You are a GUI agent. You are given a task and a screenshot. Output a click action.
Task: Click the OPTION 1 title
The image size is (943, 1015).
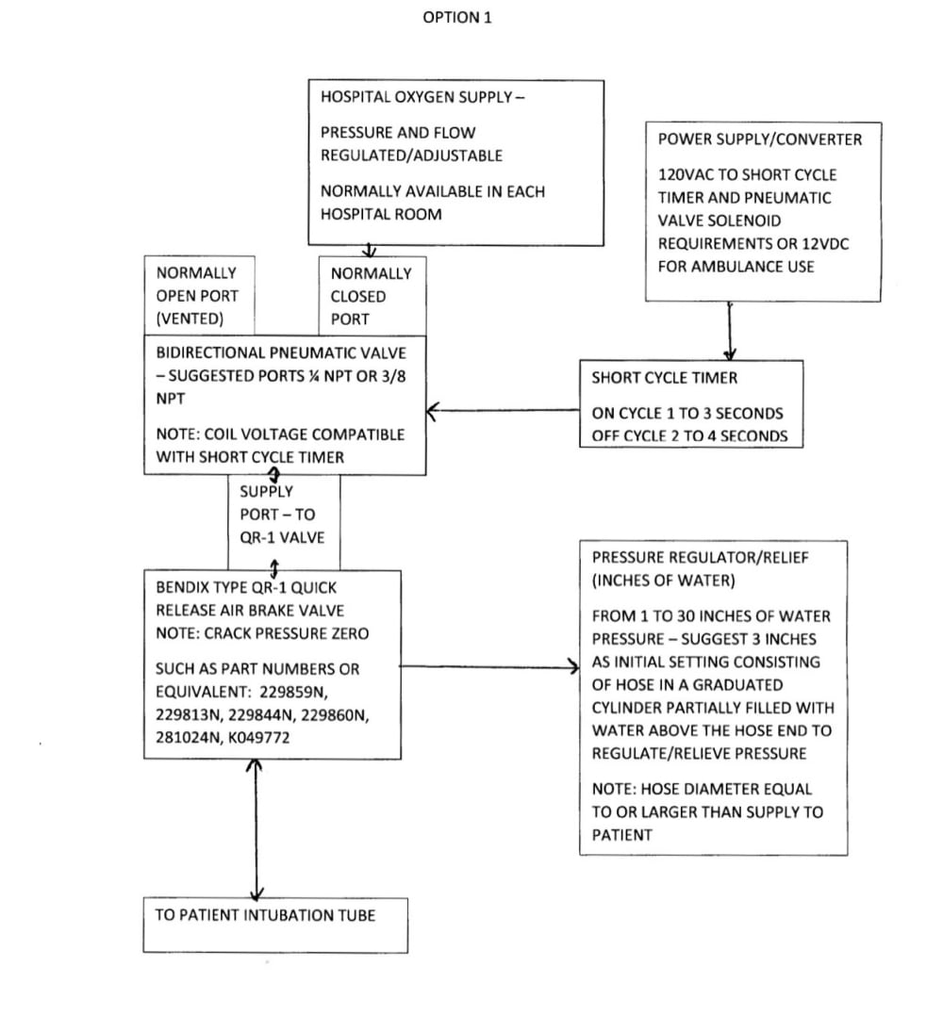(x=457, y=18)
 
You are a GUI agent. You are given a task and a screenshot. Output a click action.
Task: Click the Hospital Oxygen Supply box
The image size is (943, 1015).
(x=456, y=162)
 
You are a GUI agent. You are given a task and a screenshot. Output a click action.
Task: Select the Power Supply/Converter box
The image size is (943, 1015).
(x=763, y=212)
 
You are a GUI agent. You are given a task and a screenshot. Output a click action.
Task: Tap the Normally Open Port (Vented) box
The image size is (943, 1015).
(x=200, y=296)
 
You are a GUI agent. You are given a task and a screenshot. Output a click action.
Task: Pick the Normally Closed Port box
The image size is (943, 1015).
(x=372, y=297)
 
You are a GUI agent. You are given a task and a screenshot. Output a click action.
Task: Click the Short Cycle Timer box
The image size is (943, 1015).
(x=691, y=404)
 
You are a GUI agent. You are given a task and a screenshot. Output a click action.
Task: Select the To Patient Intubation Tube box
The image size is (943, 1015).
(x=275, y=925)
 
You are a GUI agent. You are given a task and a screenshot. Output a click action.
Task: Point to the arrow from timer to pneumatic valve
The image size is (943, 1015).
(x=504, y=410)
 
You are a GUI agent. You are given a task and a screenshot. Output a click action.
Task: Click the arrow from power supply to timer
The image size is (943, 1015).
(x=730, y=331)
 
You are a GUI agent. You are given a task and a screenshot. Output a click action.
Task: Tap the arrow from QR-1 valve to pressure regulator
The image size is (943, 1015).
(x=490, y=666)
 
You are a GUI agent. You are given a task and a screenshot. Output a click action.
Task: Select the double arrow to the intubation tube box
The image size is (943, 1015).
(x=256, y=828)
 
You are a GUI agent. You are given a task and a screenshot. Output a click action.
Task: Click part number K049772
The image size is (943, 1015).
(x=259, y=737)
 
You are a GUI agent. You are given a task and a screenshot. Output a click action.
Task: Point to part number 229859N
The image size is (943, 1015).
(x=293, y=692)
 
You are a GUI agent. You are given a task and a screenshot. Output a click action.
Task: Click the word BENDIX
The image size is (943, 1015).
(x=179, y=587)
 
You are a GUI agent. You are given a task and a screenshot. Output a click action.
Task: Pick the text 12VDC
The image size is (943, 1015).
(x=825, y=243)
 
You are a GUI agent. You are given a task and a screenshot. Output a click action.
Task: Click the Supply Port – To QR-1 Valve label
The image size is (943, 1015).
(x=282, y=515)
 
